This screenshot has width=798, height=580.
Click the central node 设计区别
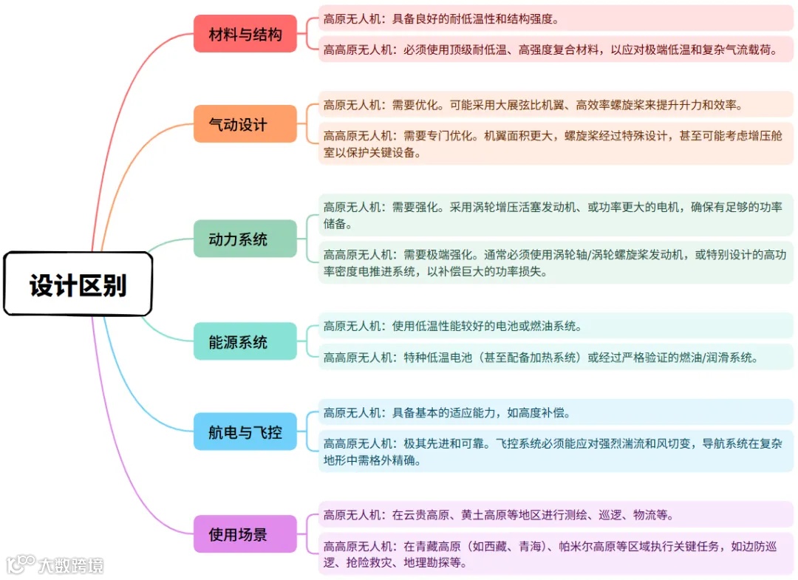[x=78, y=284]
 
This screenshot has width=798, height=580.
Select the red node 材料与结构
[x=245, y=34]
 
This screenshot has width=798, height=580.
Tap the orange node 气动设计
[x=245, y=124]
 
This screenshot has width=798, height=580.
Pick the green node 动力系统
[x=245, y=239]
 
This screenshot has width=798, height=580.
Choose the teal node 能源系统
[x=245, y=342]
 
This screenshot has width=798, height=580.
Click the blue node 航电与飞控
[x=245, y=431]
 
